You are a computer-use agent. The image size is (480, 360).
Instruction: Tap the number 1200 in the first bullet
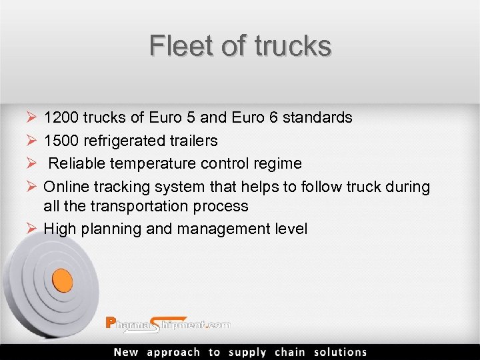click(x=60, y=118)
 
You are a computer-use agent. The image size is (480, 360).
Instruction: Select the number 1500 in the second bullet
click(x=60, y=141)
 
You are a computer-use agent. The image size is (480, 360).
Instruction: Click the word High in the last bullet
click(x=59, y=229)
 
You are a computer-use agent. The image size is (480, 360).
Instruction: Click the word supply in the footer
click(x=247, y=352)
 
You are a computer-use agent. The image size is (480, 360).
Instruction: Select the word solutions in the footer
click(x=341, y=352)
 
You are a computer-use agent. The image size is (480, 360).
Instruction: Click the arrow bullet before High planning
click(x=31, y=229)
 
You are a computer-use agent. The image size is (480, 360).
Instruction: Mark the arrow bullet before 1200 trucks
click(x=31, y=118)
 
